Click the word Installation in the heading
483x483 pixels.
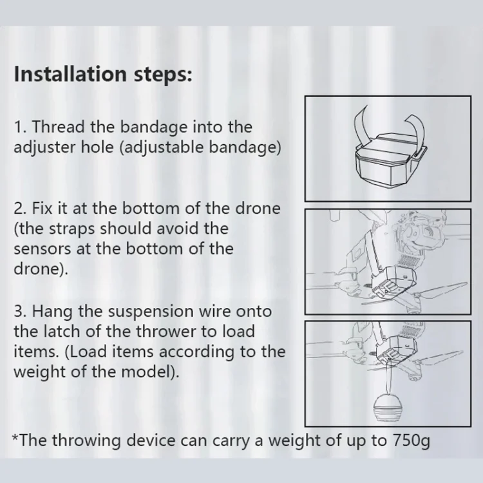[70, 74]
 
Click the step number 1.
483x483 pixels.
[20, 127]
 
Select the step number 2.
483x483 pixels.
[21, 209]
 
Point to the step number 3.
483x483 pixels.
[21, 311]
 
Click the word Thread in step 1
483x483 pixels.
[59, 127]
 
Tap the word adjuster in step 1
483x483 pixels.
[44, 147]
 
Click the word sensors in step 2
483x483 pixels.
[43, 249]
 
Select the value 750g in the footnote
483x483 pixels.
[412, 440]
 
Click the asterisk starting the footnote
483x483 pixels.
[15, 437]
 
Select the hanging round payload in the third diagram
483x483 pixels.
[388, 407]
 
